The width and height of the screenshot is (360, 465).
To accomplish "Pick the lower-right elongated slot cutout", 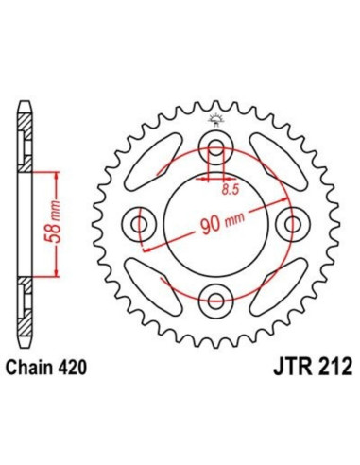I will coord(270,278).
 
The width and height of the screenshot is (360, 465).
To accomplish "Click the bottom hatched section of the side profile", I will coord(25,312).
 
